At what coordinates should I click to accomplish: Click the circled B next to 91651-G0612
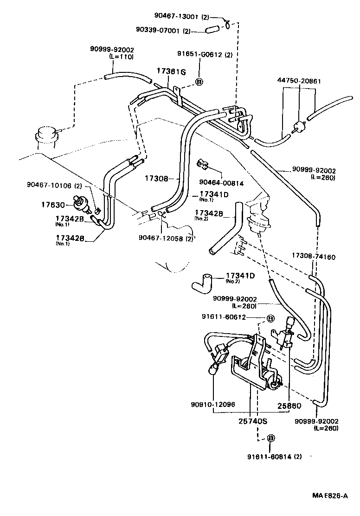point(199,82)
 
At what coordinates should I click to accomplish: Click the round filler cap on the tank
point(45,136)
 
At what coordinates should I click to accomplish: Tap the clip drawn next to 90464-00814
point(202,164)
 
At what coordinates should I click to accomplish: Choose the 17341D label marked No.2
point(240,276)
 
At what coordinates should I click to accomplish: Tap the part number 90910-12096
point(212,404)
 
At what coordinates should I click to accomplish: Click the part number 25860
point(289,406)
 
